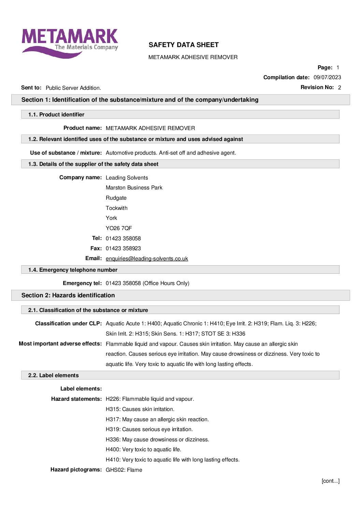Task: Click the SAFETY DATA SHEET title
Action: pos(184,45)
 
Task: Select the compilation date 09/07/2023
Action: pos(327,77)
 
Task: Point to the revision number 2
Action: pos(339,88)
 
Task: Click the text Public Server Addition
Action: pos(73,88)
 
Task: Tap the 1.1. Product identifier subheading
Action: pos(56,115)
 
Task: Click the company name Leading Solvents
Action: pos(127,178)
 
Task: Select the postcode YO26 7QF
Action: pos(118,228)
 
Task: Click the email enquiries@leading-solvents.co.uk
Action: pos(147,259)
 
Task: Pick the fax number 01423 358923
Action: pos(123,249)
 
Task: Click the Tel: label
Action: pos(97,238)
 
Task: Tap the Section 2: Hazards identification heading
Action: pos(68,295)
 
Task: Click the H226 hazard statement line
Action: pos(150,399)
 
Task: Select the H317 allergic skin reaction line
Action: pos(157,420)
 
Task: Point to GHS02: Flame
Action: pos(124,470)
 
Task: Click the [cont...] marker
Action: pos(330,481)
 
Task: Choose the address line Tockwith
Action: pos(116,208)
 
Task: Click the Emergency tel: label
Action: pos(82,283)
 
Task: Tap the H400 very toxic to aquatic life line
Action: pos(143,450)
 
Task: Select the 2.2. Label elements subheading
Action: pos(54,375)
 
